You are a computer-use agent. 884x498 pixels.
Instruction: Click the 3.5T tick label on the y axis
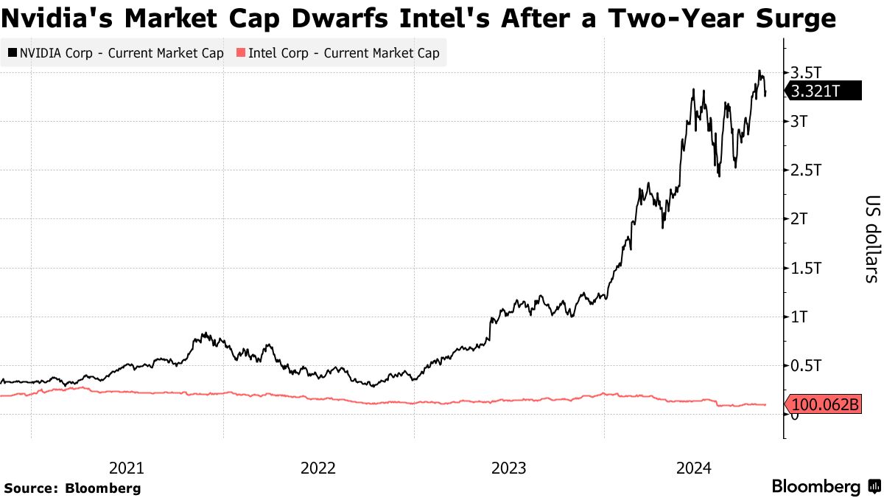804,72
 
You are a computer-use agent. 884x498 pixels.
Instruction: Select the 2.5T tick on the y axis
804,170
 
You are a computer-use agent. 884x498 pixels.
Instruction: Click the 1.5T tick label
804,268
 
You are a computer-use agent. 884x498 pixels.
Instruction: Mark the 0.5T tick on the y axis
804,366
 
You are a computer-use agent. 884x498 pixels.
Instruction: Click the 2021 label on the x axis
127,468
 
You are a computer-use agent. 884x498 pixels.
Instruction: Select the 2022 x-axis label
318,468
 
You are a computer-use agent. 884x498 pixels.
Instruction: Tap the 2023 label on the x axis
509,468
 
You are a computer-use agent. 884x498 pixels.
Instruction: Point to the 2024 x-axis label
694,468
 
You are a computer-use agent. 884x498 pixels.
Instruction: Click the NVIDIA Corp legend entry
116,53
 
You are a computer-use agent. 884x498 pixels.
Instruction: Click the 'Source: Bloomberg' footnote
72,488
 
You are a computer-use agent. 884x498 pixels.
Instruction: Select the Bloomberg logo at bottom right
825,487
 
